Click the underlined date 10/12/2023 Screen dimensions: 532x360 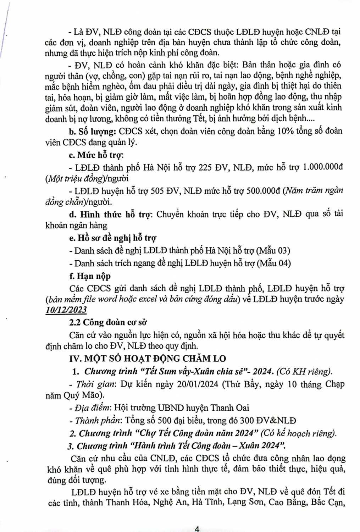66,310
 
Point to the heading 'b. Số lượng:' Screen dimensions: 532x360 92,131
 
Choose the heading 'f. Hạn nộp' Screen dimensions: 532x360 90,276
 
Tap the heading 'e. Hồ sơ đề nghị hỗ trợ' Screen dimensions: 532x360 113,238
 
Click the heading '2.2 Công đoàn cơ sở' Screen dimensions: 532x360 108,322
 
